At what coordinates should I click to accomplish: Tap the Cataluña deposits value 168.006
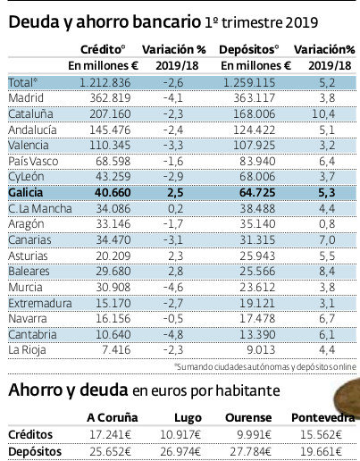pos(256,113)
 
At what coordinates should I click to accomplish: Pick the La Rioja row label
pos(27,348)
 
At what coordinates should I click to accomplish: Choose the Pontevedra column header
pos(324,417)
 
